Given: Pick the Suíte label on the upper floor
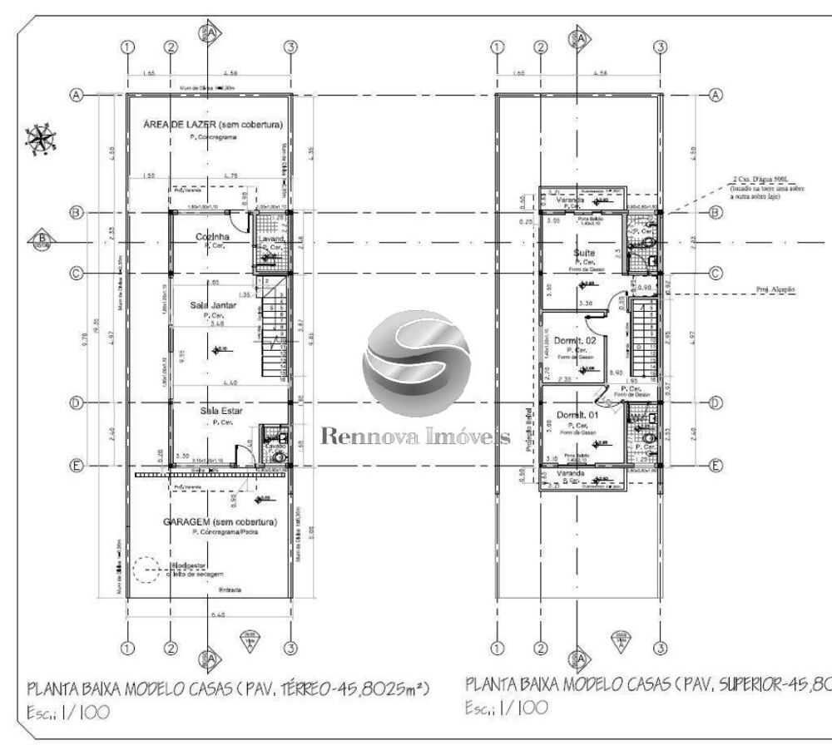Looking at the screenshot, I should point(582,252).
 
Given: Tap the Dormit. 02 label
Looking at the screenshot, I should point(575,341).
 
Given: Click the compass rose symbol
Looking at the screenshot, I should point(39,138).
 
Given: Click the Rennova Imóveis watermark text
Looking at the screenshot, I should point(414,438).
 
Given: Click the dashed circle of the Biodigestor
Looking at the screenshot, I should point(146,570).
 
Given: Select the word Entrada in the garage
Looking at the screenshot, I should point(230,590).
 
